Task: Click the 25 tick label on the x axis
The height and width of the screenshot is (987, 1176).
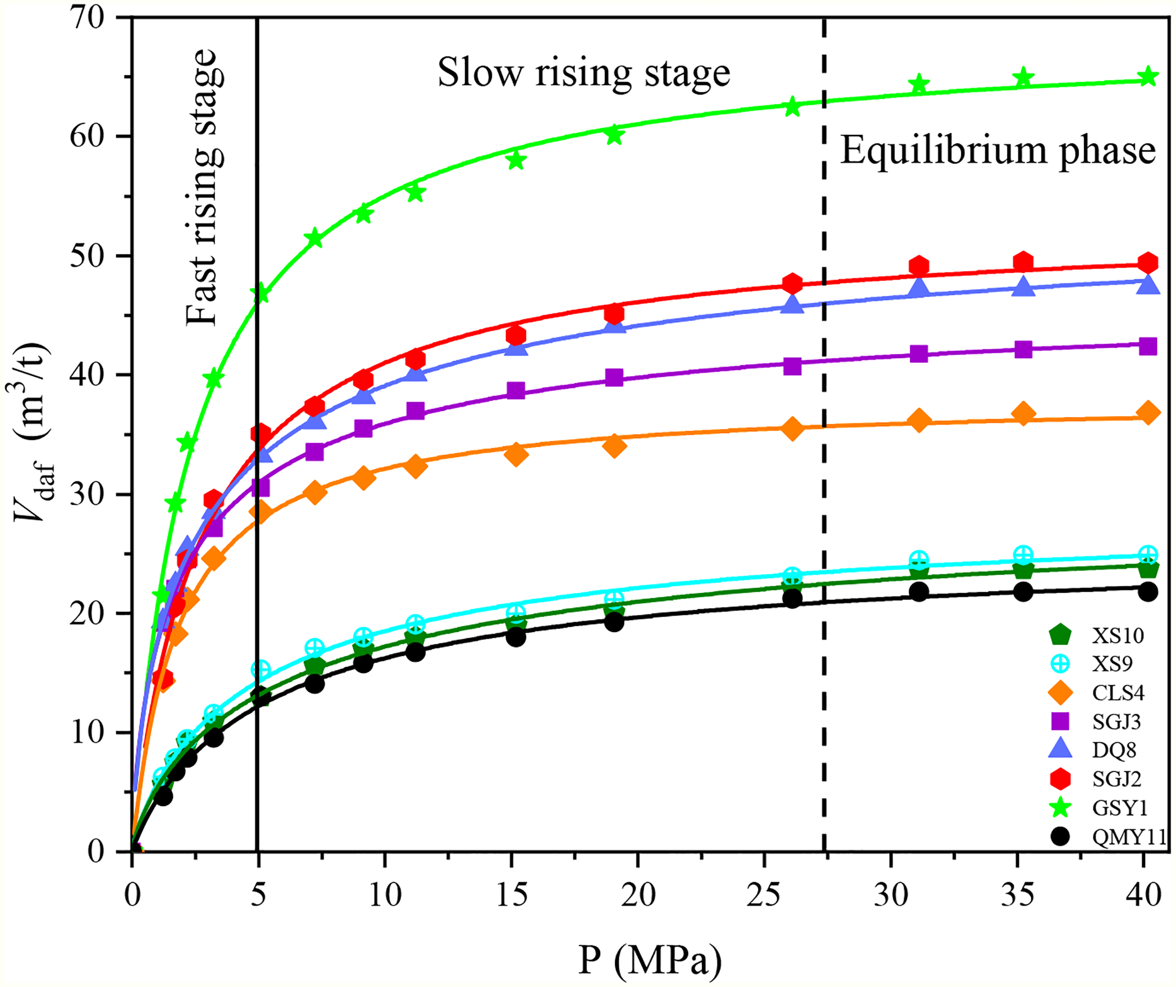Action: (764, 895)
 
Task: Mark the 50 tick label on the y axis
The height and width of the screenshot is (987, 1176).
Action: (87, 256)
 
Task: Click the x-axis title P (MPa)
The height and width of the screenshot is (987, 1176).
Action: (650, 960)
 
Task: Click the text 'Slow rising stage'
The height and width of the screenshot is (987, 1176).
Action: (584, 73)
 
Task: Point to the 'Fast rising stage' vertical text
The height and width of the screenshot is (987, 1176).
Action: (202, 187)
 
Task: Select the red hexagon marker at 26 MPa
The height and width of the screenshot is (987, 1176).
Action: (792, 284)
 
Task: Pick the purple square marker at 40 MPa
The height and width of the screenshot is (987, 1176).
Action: (1148, 346)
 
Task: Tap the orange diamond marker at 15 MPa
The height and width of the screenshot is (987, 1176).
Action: (516, 454)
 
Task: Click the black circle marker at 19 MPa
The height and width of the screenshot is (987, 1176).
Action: (614, 622)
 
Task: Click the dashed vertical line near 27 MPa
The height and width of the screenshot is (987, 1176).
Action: (824, 434)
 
